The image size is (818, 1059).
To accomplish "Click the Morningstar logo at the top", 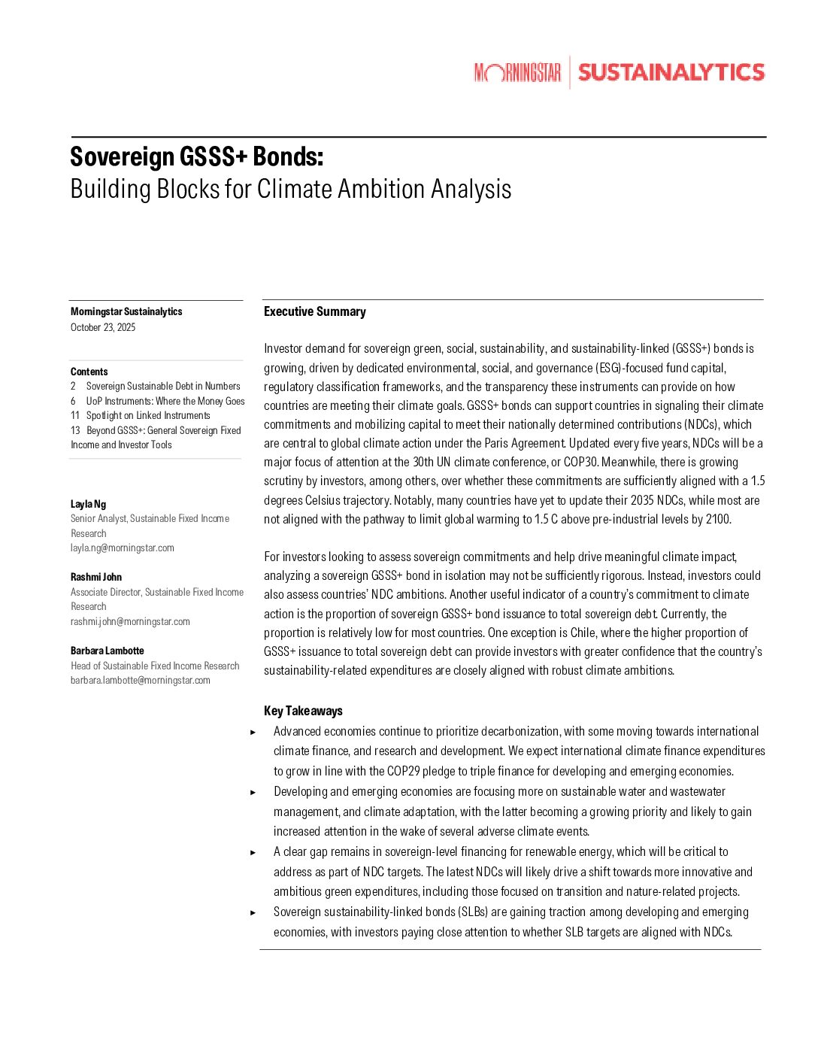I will click(518, 72).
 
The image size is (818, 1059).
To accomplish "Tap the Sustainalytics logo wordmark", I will click(671, 72).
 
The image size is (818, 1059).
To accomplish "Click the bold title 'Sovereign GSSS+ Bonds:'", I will click(197, 156).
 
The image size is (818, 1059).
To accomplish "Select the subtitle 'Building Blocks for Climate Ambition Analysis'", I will click(290, 189).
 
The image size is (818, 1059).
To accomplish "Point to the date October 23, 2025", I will click(103, 327).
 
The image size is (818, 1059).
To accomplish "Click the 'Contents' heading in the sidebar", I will click(89, 372).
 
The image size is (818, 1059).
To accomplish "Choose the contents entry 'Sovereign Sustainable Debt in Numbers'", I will click(163, 386).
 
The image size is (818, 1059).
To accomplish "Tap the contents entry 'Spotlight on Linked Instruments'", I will click(148, 415).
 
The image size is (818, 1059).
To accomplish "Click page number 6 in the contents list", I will click(74, 401).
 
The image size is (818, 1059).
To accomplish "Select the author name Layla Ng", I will click(88, 504).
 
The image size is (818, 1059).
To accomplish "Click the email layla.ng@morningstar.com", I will click(123, 548).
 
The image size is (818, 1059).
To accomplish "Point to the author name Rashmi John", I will click(96, 577).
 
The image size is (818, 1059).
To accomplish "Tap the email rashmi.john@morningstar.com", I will click(130, 621).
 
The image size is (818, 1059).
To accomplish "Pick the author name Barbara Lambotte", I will click(108, 651).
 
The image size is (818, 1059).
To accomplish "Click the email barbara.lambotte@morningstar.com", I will click(141, 680).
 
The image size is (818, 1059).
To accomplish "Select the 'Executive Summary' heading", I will click(315, 311).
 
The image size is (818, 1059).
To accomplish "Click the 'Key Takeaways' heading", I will click(303, 711).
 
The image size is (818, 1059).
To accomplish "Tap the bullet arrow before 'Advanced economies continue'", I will click(253, 732).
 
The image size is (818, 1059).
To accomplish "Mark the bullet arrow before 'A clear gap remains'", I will click(253, 852).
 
